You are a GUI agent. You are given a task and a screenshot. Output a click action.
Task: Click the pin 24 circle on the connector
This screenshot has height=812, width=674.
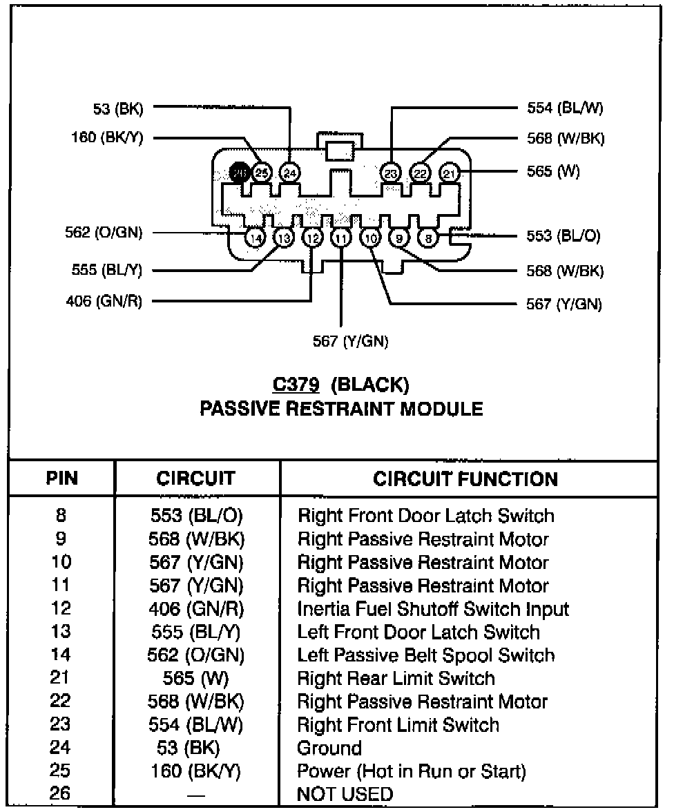[290, 173]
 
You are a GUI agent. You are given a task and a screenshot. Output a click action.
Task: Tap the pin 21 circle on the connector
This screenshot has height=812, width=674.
[450, 173]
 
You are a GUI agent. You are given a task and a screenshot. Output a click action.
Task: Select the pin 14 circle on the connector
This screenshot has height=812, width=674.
[255, 238]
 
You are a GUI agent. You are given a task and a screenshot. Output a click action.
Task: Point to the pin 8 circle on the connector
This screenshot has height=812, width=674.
[429, 238]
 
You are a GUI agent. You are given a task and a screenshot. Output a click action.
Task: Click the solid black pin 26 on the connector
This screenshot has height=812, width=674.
[240, 173]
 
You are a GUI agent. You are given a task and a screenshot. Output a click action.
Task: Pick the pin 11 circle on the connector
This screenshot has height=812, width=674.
[341, 238]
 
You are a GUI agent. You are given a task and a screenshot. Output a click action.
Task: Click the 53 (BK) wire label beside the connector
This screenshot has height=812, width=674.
[117, 108]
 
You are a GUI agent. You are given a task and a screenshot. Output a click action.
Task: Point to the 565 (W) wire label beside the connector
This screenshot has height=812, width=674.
[552, 172]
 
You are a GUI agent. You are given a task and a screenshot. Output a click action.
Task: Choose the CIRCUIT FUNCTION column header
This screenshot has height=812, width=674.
[465, 478]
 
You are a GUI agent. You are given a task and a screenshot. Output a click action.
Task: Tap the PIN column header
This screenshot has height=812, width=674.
[62, 478]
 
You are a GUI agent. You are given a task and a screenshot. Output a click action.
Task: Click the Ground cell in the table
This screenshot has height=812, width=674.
[329, 748]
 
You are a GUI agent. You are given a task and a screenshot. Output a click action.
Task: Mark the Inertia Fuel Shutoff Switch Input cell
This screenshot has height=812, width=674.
[433, 609]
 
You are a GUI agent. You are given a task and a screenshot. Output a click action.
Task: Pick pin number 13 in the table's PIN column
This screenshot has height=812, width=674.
[61, 632]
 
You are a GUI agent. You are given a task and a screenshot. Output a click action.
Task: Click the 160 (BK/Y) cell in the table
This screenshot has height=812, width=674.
[196, 771]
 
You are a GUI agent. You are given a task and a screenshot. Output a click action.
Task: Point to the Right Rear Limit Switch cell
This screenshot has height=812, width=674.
[396, 678]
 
